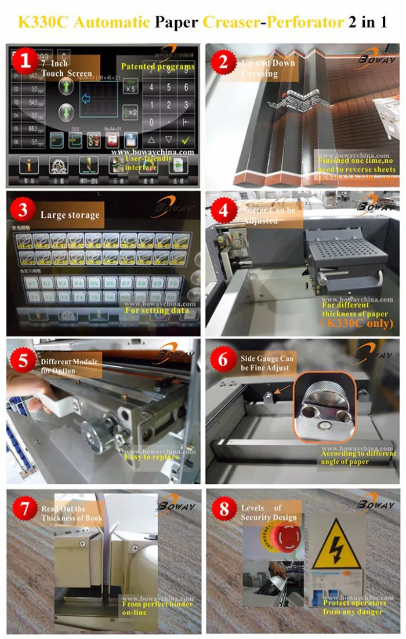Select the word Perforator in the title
(x=306, y=22)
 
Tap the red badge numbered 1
(x=24, y=60)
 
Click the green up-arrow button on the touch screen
(x=67, y=87)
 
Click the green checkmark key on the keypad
(x=186, y=140)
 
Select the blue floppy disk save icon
(x=130, y=140)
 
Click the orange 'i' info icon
(x=28, y=166)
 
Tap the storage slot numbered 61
(x=30, y=283)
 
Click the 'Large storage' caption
(x=70, y=215)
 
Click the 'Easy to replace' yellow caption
(x=152, y=457)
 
